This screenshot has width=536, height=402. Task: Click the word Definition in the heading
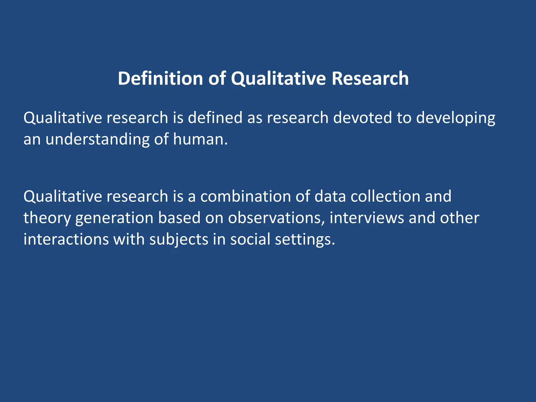(160, 78)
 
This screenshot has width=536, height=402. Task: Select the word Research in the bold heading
(370, 78)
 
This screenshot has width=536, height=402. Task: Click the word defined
(215, 118)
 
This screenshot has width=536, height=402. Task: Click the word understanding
(97, 139)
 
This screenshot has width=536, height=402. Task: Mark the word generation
(114, 218)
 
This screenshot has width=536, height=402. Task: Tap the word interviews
(367, 218)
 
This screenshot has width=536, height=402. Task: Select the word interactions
(66, 239)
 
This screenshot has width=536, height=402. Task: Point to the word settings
(305, 240)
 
